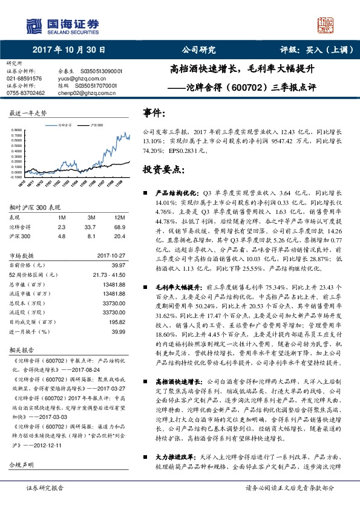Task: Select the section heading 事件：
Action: pos(154,114)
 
